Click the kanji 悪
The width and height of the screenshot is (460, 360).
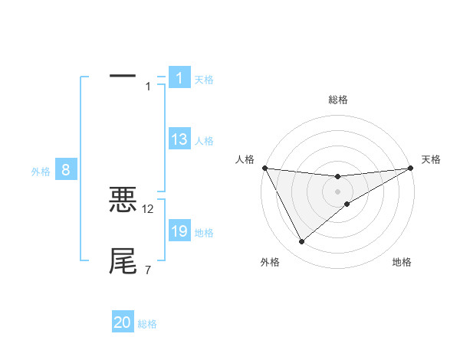point(123,201)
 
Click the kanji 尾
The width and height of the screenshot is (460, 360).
point(123,261)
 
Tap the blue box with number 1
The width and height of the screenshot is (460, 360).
point(179,78)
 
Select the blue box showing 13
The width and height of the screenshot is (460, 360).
point(179,139)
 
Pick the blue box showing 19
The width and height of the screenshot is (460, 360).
point(179,231)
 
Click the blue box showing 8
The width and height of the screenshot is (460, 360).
point(66,171)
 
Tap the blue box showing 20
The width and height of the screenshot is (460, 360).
point(123,323)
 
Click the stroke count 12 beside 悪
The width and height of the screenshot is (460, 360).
point(148,208)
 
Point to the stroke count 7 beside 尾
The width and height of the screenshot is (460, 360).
point(148,270)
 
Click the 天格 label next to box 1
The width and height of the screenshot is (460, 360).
point(204,79)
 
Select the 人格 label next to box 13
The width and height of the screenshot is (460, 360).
point(204,140)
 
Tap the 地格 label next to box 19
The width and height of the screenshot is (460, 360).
point(204,232)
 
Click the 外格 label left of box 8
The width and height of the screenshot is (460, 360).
point(41,172)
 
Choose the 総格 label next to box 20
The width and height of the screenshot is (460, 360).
point(147,324)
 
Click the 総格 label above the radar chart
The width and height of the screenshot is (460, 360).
point(338,100)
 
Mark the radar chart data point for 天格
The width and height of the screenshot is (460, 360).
point(410,169)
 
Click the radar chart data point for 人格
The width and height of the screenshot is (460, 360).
point(264,168)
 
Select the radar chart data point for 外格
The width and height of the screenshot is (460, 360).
point(301,242)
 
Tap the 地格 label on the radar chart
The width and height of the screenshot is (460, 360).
point(402,262)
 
